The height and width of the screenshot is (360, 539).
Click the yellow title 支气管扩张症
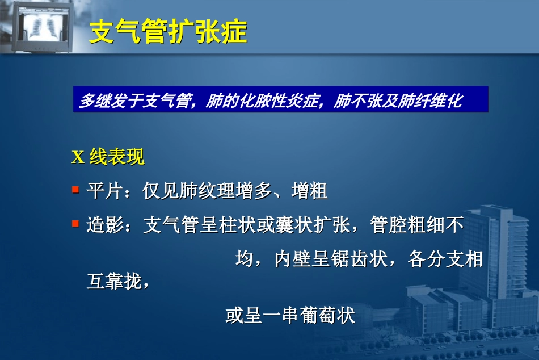click(x=169, y=33)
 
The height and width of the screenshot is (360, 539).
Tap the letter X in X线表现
click(x=78, y=158)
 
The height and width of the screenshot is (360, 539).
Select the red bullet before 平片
click(x=75, y=190)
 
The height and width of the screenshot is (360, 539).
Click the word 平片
click(x=104, y=191)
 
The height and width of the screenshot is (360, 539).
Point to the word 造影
click(x=104, y=225)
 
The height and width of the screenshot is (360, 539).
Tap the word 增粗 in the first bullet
click(x=310, y=191)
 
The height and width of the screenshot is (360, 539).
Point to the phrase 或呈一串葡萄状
click(x=290, y=315)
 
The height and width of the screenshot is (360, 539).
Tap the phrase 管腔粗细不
click(x=416, y=225)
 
